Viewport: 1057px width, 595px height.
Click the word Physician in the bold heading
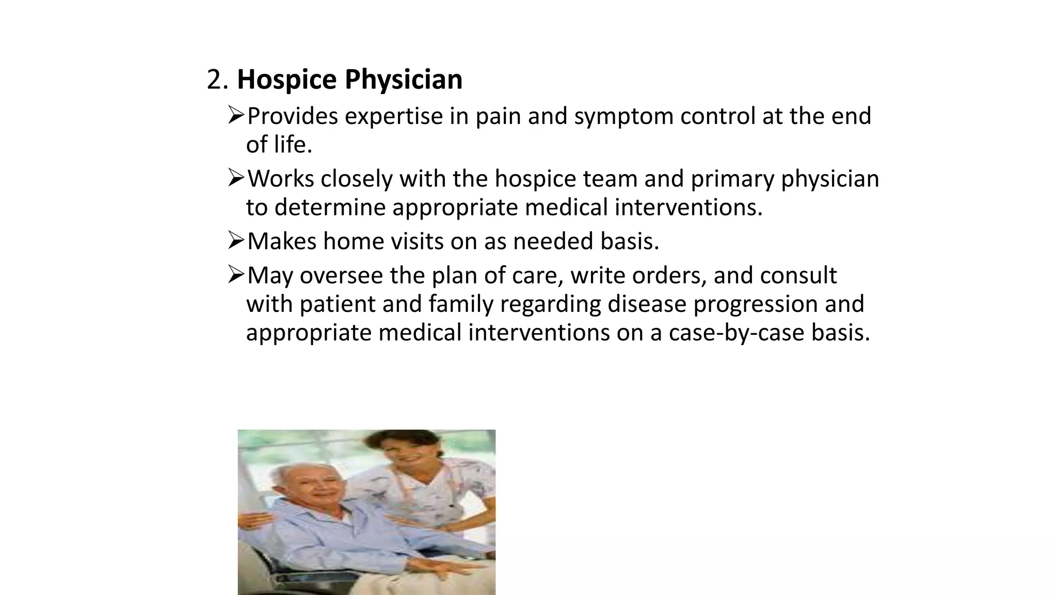[403, 80]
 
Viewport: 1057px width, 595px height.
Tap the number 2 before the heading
[214, 80]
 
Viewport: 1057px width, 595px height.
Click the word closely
[357, 179]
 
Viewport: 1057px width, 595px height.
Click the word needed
[553, 241]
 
